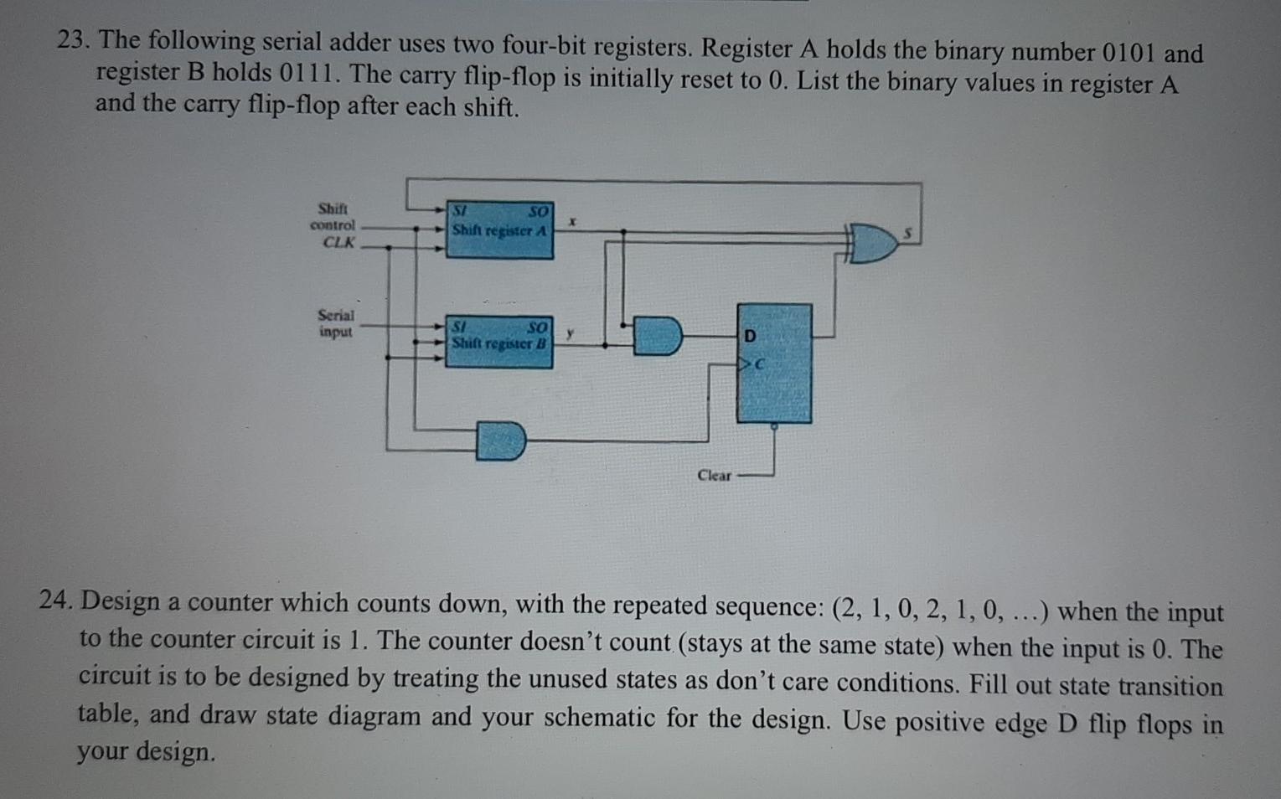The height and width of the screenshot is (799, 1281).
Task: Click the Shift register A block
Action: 499,230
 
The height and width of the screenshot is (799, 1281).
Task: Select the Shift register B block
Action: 499,343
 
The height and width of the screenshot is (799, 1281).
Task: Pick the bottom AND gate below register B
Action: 500,441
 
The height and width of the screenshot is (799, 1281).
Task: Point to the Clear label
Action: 714,476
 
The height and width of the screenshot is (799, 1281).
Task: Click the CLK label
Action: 339,243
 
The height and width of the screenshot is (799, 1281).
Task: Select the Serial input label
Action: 336,323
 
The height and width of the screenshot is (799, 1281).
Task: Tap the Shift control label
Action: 333,217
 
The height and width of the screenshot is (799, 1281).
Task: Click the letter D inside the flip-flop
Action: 750,337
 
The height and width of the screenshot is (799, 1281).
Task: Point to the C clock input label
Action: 760,364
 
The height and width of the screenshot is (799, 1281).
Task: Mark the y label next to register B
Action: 570,333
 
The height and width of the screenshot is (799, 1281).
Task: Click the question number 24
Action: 56,601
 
